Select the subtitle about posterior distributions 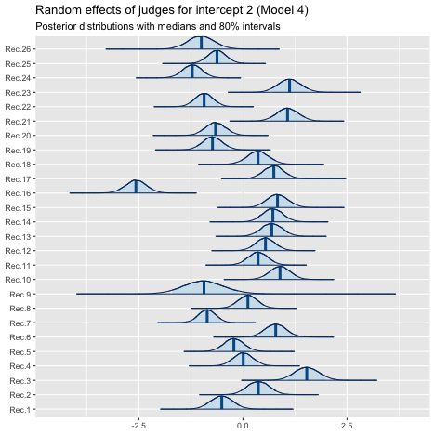(x=158, y=26)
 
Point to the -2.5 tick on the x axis (x=138, y=426)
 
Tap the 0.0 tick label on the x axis (x=243, y=426)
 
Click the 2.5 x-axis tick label (x=347, y=426)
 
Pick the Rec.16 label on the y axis (x=18, y=193)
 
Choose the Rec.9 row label (x=20, y=295)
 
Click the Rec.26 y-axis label (x=18, y=49)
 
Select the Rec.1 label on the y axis (x=20, y=410)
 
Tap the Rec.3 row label (x=20, y=381)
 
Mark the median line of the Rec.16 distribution (x=136, y=187)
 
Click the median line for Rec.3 (x=307, y=374)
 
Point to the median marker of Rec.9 (x=204, y=287)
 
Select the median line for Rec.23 (x=289, y=86)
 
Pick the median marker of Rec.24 (x=192, y=71)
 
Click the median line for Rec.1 (x=221, y=402)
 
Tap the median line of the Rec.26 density (x=201, y=43)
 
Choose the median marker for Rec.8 (x=248, y=301)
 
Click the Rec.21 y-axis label (x=18, y=122)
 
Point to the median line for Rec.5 (x=233, y=345)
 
